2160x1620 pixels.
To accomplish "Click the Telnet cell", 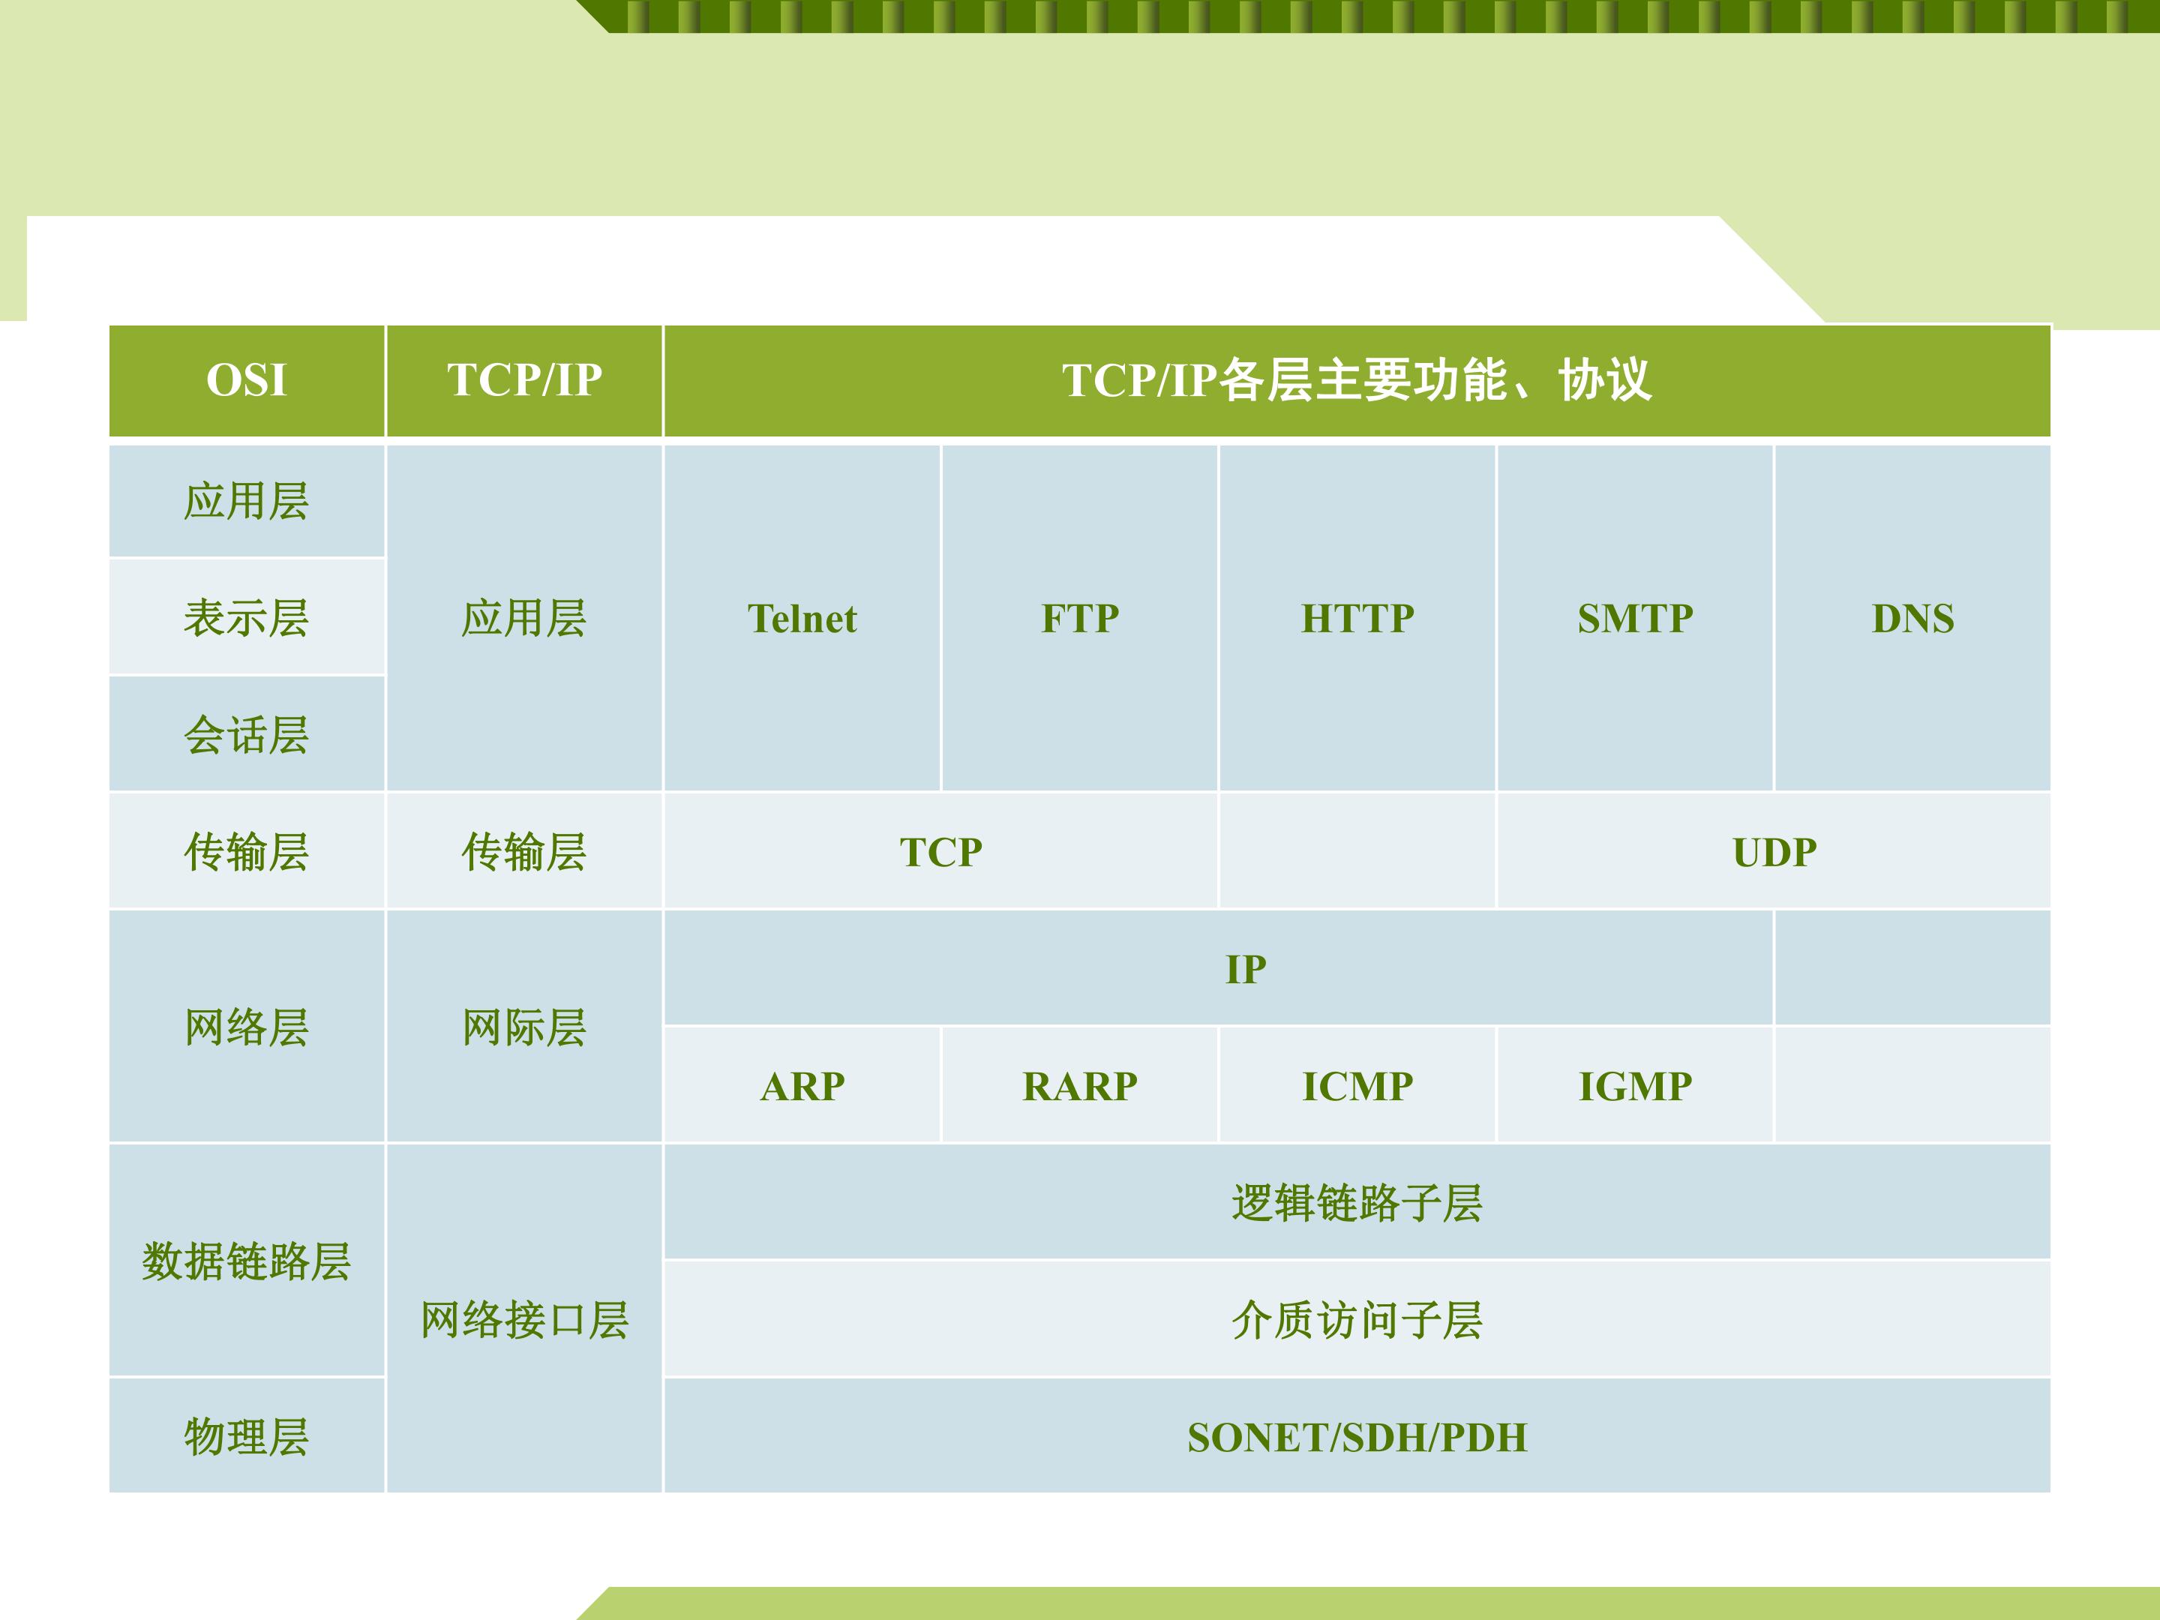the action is (802, 618).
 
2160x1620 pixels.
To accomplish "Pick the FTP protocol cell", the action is (1080, 618).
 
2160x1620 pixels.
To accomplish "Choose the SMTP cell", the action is (1636, 618).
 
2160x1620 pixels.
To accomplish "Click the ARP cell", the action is (802, 1086).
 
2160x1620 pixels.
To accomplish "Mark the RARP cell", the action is (1080, 1086).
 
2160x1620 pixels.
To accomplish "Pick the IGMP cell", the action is (1636, 1086).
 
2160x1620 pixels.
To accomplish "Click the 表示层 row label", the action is (246, 618).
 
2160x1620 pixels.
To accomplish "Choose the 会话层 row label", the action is (246, 735).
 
